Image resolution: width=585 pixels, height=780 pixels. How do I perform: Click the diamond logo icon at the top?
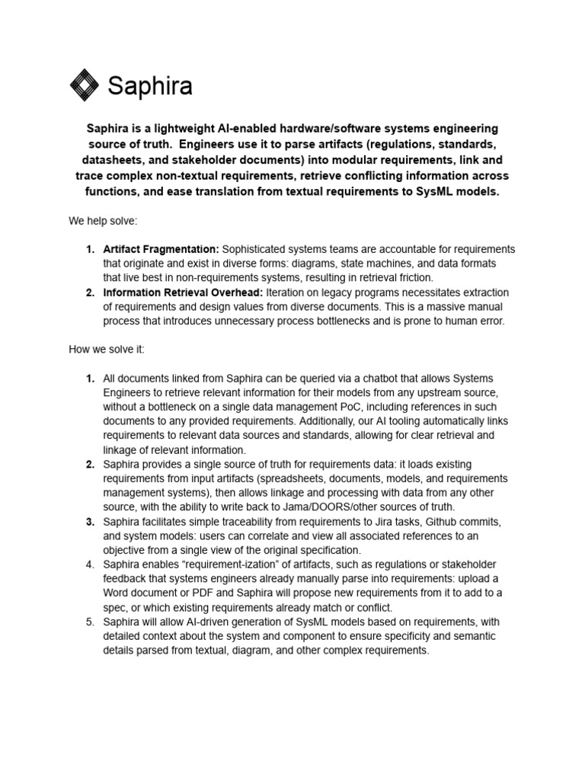(x=85, y=85)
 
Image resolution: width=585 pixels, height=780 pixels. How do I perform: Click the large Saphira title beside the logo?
(x=150, y=86)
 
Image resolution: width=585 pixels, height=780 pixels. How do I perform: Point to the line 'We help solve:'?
(x=103, y=221)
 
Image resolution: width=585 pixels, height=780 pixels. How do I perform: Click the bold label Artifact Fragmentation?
(x=161, y=249)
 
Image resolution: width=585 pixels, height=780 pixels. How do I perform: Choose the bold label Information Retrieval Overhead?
(x=182, y=292)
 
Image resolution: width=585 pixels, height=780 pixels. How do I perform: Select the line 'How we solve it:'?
(x=107, y=350)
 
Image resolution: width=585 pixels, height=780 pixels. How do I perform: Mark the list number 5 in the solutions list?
(x=90, y=622)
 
